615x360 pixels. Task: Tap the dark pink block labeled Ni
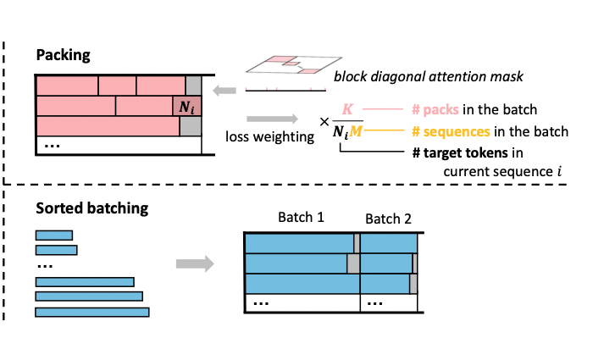click(x=186, y=106)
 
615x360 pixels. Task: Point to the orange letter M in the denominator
click(x=355, y=131)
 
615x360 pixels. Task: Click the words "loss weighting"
click(x=270, y=136)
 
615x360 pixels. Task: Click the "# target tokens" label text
click(x=456, y=152)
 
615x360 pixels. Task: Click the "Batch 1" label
click(x=301, y=219)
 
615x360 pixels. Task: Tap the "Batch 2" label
click(x=388, y=219)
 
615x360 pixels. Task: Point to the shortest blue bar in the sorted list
click(x=53, y=235)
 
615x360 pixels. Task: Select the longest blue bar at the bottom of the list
click(x=92, y=313)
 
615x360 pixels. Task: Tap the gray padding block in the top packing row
click(x=193, y=85)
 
